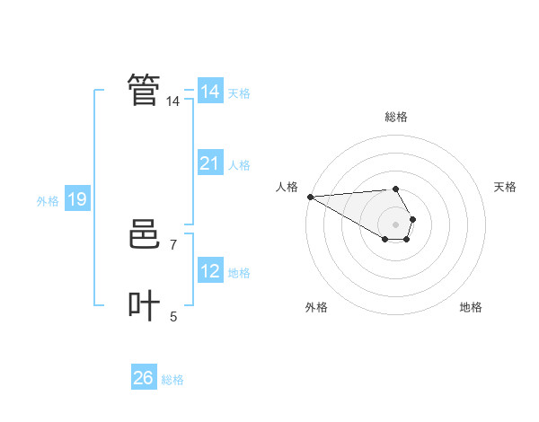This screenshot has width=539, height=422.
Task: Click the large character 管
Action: (x=144, y=90)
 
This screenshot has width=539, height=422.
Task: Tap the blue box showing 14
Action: (x=209, y=92)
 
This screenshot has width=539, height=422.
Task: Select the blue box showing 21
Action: (x=209, y=163)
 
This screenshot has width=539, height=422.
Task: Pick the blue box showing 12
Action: (x=209, y=271)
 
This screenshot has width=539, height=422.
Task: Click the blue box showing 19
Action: (x=77, y=199)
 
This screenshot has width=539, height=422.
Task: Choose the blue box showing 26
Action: (x=143, y=378)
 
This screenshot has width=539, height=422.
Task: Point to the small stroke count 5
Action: (x=173, y=316)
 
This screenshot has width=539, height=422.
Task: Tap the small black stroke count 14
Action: (x=172, y=101)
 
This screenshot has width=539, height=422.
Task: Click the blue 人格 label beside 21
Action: (x=239, y=165)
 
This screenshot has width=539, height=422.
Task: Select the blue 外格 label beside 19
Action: (x=48, y=201)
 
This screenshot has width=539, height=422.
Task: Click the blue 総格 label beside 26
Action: (x=172, y=380)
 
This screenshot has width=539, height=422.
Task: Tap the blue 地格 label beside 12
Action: (x=239, y=273)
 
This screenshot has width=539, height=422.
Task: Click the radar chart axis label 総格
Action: (x=396, y=117)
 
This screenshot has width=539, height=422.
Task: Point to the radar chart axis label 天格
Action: (x=505, y=187)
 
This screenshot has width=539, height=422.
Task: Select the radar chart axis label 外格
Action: (x=316, y=307)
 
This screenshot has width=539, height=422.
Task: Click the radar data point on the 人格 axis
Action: (x=310, y=196)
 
